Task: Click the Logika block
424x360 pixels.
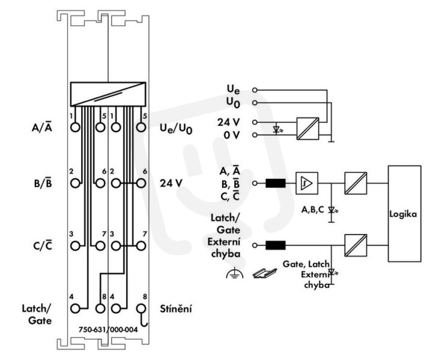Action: coord(405,214)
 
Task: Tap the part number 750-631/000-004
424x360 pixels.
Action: coord(108,329)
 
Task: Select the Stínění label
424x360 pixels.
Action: coord(176,308)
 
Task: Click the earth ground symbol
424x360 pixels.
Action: coord(234,273)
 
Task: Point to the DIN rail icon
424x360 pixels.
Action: coord(264,273)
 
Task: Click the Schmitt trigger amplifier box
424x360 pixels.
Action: coord(307,183)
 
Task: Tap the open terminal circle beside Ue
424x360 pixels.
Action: coord(255,90)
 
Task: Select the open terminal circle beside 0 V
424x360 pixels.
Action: coord(255,134)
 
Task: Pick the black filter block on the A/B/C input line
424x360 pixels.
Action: coord(276,183)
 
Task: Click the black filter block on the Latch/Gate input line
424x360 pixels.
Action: coord(276,245)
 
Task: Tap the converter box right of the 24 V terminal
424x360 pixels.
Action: coord(307,128)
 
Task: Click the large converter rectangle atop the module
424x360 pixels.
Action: coord(108,94)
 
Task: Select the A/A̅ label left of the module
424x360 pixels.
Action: coord(42,127)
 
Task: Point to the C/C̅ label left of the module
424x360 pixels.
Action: coord(43,245)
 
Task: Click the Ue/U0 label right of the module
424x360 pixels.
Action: coord(176,128)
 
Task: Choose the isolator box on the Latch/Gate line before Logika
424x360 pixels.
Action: coord(356,245)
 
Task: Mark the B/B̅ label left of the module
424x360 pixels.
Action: coord(43,183)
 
